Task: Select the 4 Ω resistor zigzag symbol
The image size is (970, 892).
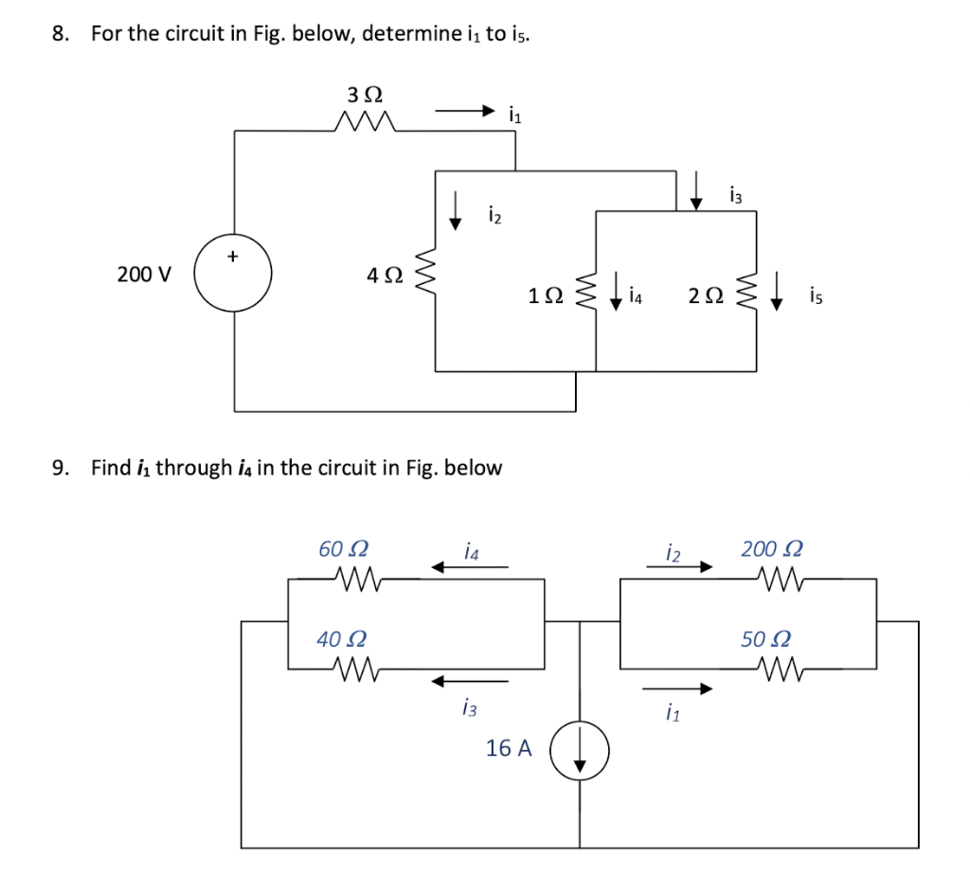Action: click(x=425, y=276)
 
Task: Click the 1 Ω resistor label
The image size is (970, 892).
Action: click(x=547, y=296)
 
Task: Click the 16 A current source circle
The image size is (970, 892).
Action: click(x=579, y=751)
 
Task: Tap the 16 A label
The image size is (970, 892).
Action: click(x=509, y=748)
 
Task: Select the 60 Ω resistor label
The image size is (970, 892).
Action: click(x=343, y=548)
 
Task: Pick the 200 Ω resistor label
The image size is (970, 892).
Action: click(x=772, y=548)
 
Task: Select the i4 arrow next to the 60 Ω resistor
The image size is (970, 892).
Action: click(x=469, y=568)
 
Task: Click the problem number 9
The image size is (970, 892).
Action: click(x=61, y=468)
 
